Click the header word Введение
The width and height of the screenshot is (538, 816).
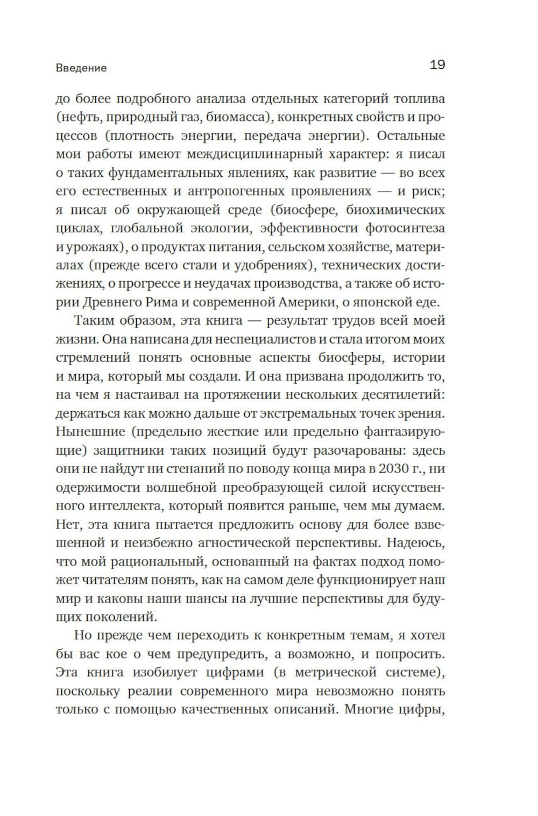tap(81, 68)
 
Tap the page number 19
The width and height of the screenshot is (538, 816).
tap(437, 65)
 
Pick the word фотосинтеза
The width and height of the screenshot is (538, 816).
tap(406, 228)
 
